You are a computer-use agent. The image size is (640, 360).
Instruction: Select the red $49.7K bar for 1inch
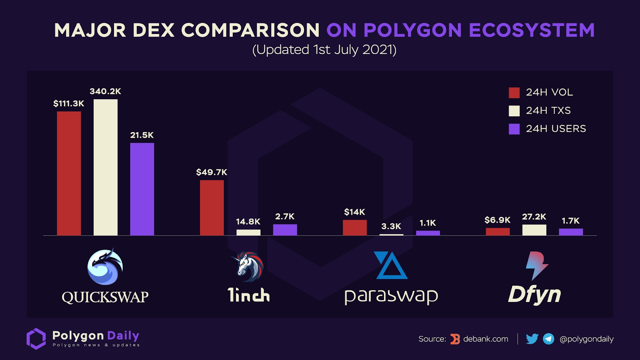point(212,208)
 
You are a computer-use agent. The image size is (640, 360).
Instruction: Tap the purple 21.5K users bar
point(142,189)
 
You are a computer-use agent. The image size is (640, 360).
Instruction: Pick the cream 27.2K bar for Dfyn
point(534,230)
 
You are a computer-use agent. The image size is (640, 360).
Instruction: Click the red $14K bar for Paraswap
point(355,228)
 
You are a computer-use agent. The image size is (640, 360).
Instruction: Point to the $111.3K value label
point(69,104)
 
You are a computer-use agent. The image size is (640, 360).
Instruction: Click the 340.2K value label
point(105,91)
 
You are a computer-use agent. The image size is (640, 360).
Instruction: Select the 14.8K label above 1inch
point(248,222)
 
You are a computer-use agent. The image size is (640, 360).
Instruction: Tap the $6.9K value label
point(497,220)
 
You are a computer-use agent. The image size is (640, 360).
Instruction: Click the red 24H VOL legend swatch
point(514,93)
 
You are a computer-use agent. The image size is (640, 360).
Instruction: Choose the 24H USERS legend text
point(556,129)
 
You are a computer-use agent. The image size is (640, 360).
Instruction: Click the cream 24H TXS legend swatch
point(514,111)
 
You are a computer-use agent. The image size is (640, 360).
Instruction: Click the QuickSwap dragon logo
point(105,267)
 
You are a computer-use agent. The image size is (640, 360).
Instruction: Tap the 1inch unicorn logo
point(248,266)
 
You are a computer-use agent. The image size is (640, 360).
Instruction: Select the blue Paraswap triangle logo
point(390,266)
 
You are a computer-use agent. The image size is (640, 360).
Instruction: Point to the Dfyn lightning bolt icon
point(536,265)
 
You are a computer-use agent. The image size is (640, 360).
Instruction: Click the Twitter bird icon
point(532,339)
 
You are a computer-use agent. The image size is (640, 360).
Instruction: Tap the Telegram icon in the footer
point(548,339)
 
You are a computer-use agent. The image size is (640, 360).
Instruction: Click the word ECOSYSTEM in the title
point(532,30)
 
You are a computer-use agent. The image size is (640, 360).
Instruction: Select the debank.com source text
point(486,339)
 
